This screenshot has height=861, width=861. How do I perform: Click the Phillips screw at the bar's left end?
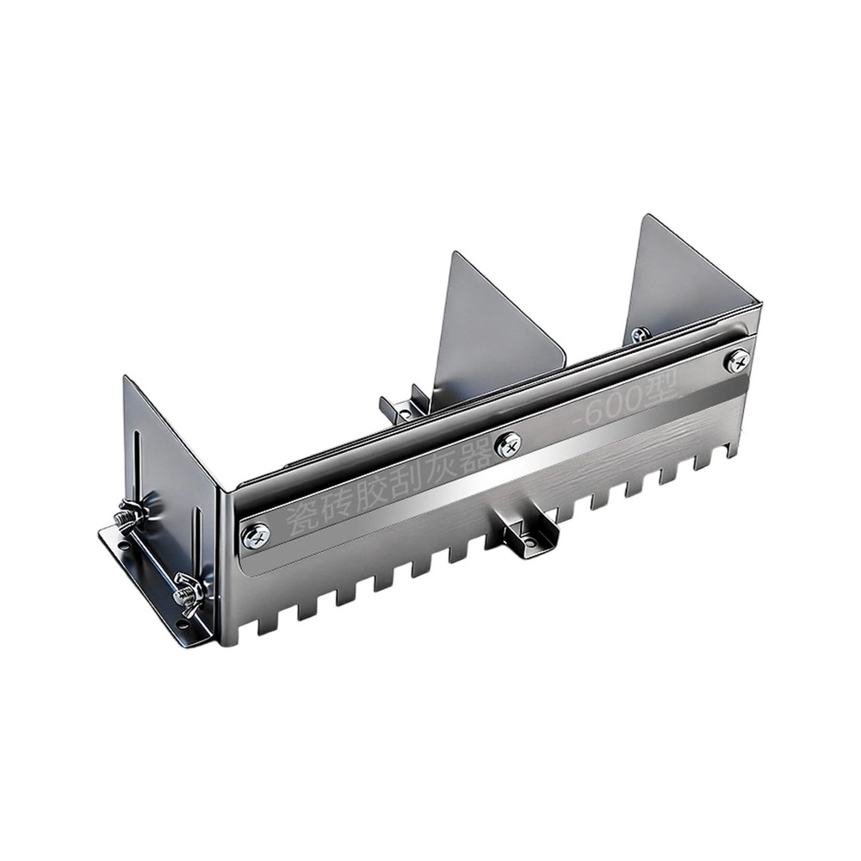(256, 536)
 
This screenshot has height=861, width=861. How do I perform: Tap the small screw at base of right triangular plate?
(638, 335)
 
